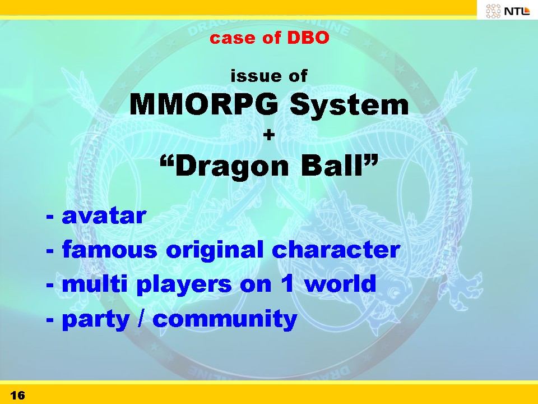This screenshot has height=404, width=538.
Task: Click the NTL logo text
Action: pyautogui.click(x=517, y=11)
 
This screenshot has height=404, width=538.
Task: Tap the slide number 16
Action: pyautogui.click(x=17, y=395)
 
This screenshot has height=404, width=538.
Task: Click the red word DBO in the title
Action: pyautogui.click(x=308, y=38)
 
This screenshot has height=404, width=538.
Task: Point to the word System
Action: pyautogui.click(x=349, y=106)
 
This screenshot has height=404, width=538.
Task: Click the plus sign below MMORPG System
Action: pyautogui.click(x=269, y=135)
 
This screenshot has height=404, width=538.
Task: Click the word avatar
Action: pyautogui.click(x=104, y=216)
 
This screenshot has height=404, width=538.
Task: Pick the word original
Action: pyautogui.click(x=215, y=250)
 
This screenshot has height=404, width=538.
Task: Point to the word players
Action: pyautogui.click(x=184, y=286)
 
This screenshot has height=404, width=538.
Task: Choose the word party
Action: pyautogui.click(x=96, y=320)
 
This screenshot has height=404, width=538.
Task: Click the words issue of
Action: pyautogui.click(x=269, y=76)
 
